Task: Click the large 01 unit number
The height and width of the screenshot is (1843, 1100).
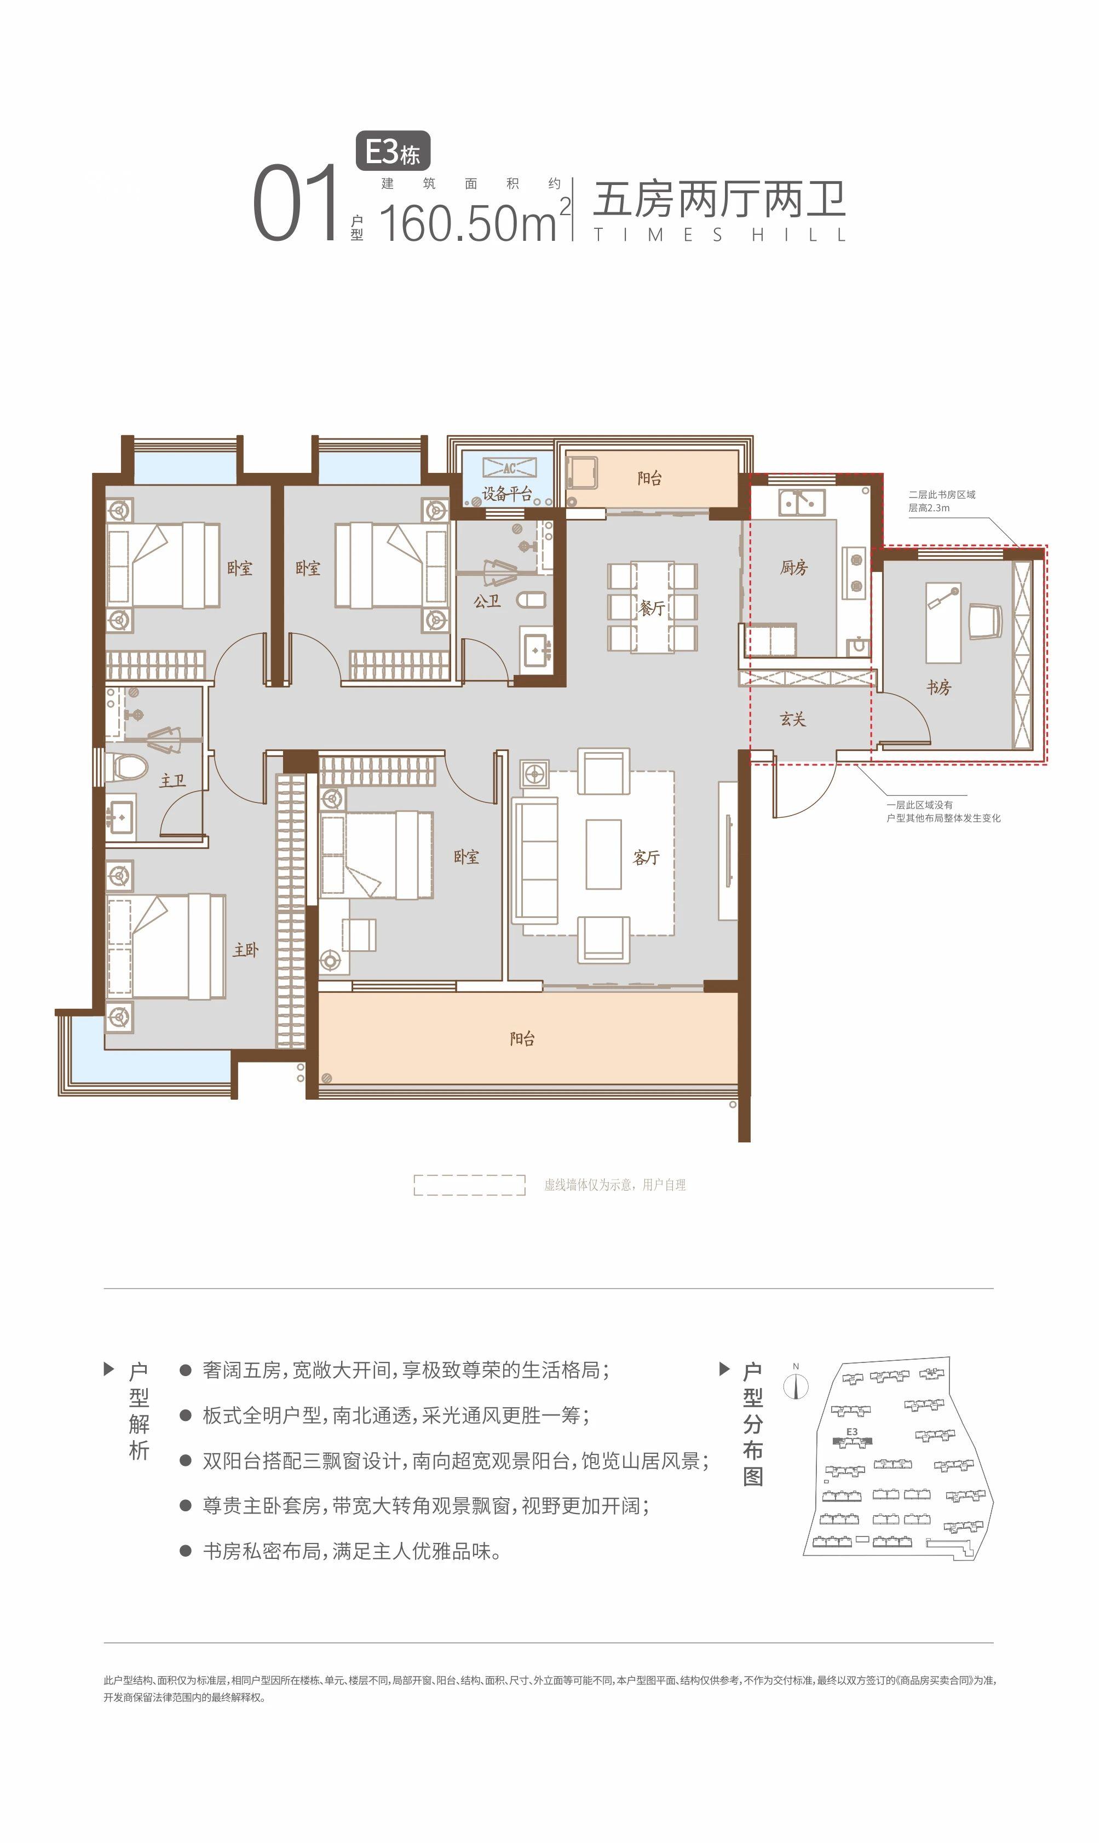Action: coord(295,203)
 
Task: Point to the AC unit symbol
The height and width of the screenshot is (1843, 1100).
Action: coord(509,467)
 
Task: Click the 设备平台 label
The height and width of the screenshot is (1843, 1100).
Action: coord(507,494)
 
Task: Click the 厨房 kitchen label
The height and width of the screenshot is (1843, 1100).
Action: coord(793,568)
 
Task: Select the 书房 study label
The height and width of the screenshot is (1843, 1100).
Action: coord(938,687)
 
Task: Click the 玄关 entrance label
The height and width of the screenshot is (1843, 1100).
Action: coord(792,719)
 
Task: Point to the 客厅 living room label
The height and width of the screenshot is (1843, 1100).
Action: coord(646,857)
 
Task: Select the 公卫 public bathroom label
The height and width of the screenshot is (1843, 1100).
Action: coord(487,601)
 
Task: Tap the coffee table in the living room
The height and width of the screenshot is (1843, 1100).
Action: coord(603,854)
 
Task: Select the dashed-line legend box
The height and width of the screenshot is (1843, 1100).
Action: coord(469,1184)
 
